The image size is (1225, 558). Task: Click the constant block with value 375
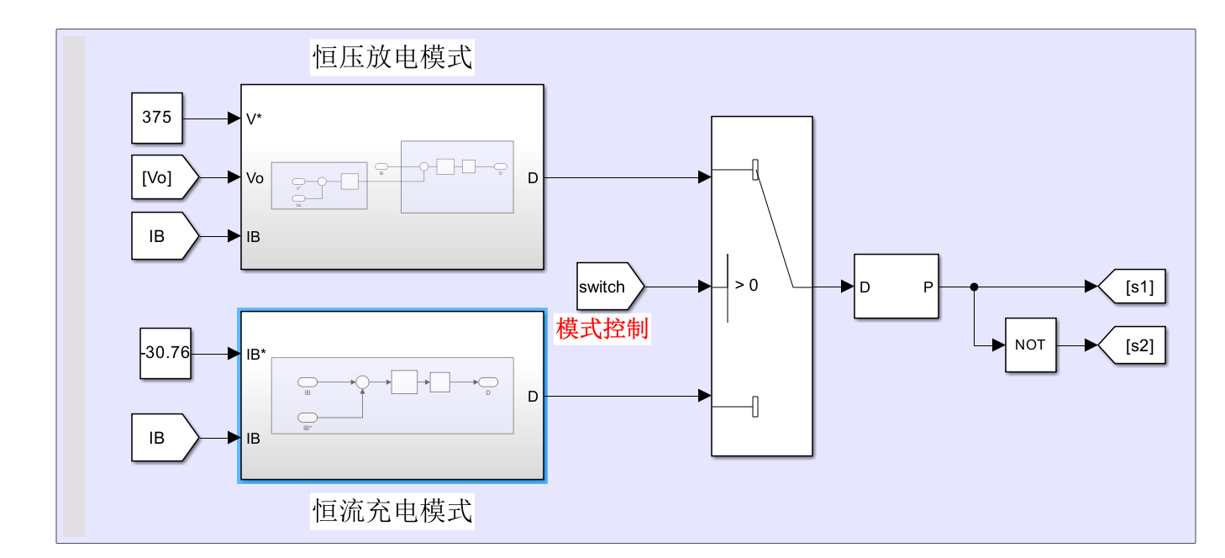coord(157,118)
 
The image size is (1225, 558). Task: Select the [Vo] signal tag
coord(163,177)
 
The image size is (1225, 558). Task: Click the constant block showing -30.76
coord(166,353)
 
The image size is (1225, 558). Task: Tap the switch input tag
coord(607,287)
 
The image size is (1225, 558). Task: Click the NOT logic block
coord(1030,345)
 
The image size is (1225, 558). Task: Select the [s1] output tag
coord(1135,287)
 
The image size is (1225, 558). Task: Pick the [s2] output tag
coord(1135,345)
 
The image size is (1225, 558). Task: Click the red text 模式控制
coord(602,329)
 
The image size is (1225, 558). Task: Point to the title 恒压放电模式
coord(392,57)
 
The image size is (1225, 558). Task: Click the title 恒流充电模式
coord(392,510)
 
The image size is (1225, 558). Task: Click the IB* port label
coord(257,355)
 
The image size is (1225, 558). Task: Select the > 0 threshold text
coord(746,286)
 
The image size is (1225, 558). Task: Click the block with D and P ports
coord(896,287)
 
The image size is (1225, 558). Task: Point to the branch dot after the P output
coord(974,287)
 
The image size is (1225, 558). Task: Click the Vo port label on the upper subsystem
coord(255,178)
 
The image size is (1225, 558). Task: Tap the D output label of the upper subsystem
coord(533,178)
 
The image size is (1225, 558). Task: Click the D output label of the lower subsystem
coord(533,397)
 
